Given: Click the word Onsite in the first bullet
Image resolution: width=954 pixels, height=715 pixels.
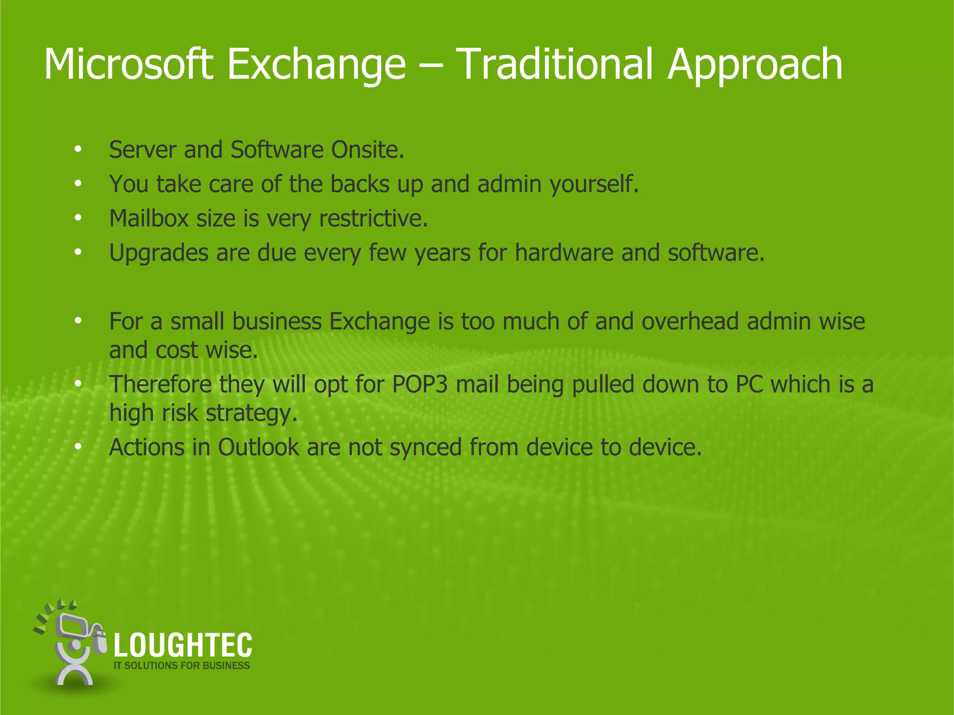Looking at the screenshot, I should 367,150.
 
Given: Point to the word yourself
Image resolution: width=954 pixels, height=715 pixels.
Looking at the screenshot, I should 594,185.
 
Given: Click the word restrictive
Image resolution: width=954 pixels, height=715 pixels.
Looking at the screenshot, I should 373,218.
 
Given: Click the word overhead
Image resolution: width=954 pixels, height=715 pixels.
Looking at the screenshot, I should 690,322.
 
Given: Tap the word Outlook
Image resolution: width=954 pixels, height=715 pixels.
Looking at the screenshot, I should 259,447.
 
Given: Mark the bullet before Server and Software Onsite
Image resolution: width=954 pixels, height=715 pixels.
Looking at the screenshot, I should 78,149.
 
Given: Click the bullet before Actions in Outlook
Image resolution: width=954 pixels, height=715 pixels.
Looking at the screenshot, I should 78,447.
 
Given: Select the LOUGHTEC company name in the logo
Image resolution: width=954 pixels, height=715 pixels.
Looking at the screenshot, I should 183,645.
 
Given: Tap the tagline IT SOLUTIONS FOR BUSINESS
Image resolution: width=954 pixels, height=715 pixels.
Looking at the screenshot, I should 182,666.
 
